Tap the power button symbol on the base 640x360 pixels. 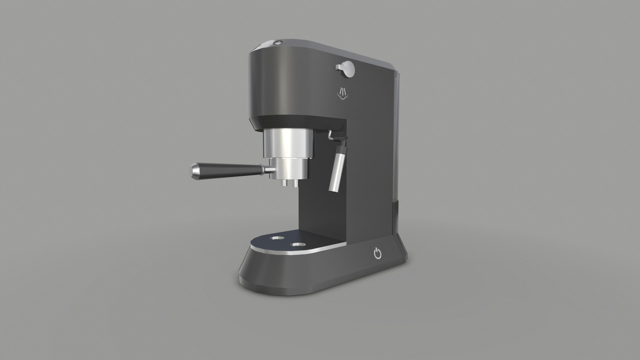tap(377, 254)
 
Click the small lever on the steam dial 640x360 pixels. tap(340, 67)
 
